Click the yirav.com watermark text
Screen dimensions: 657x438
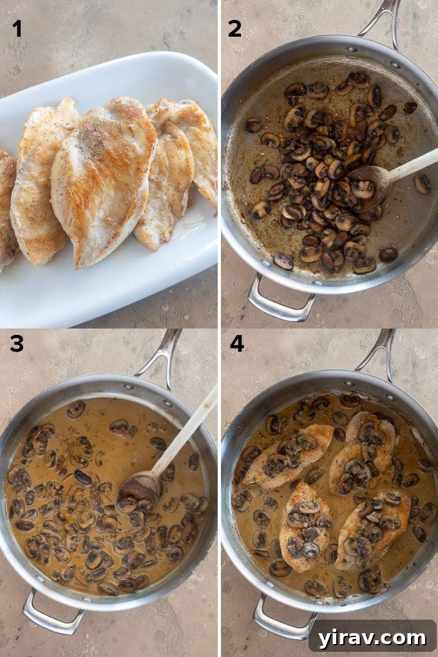tap(372, 637)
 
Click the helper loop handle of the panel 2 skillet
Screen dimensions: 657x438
tap(280, 302)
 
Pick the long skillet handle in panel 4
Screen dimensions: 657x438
tap(384, 352)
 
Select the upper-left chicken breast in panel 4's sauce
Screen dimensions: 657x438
tap(287, 454)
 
